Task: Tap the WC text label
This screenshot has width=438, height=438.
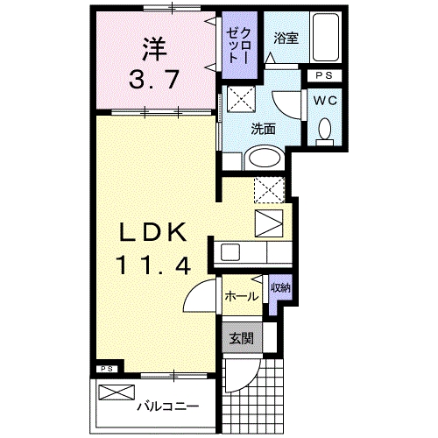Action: (x=325, y=99)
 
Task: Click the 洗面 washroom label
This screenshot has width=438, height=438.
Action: (x=264, y=128)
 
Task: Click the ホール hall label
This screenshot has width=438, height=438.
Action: (x=241, y=296)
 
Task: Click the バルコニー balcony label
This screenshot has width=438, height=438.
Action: (x=167, y=406)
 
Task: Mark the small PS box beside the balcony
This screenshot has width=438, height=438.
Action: (x=106, y=369)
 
